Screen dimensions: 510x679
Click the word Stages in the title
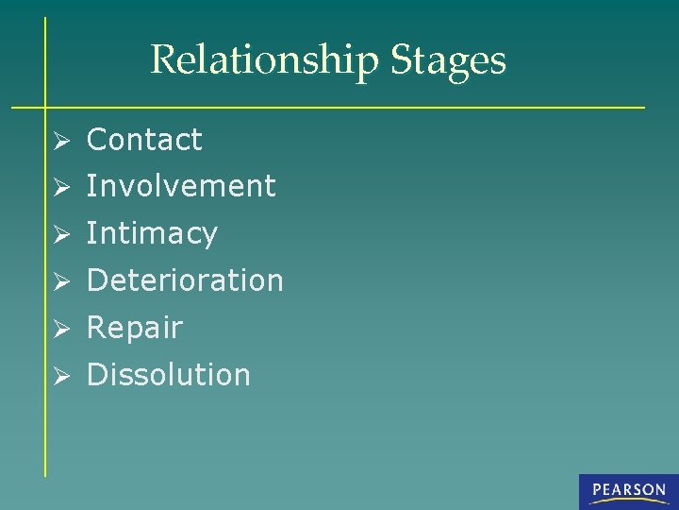pos(448,60)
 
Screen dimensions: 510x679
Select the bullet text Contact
pos(144,140)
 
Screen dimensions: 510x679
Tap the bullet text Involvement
pos(181,186)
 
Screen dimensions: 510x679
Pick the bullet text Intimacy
pos(152,233)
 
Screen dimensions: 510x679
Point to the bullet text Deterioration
pos(185,280)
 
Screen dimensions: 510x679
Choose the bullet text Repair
pos(134,328)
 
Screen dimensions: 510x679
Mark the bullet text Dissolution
pos(169,375)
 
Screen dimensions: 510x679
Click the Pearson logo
pos(628,491)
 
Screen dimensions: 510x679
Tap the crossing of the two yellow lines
pos(45,107)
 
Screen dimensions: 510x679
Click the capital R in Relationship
pos(163,60)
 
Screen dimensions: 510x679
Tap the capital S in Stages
pos(401,60)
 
